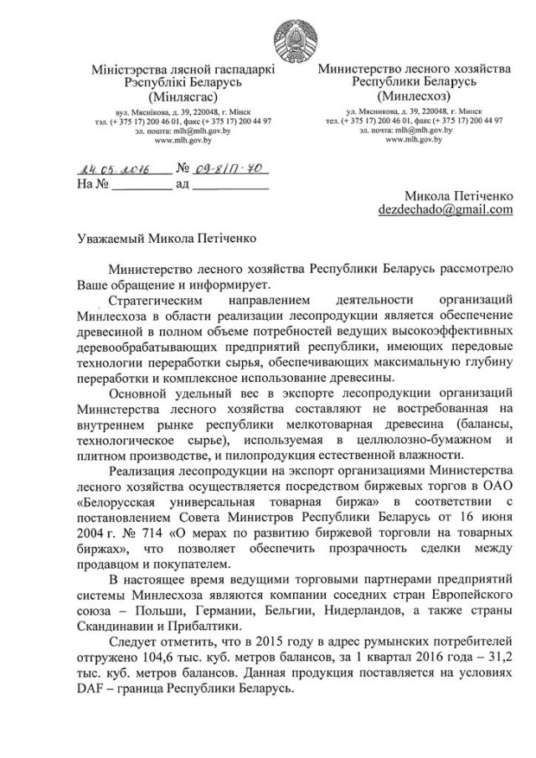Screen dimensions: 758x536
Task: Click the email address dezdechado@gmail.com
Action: click(445, 209)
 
